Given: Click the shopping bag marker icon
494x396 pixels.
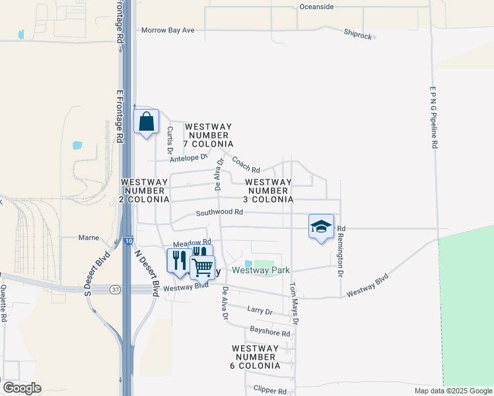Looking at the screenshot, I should pyautogui.click(x=147, y=122).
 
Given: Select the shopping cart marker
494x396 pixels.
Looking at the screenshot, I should pyautogui.click(x=203, y=267).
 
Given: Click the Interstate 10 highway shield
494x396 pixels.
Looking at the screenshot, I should pyautogui.click(x=127, y=242).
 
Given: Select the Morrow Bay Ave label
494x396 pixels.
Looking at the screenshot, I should pyautogui.click(x=168, y=30).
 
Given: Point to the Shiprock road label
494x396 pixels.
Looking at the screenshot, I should pyautogui.click(x=358, y=34).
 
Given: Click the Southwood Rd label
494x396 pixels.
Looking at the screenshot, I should pyautogui.click(x=220, y=213).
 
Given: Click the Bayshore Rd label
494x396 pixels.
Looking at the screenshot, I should pyautogui.click(x=270, y=333).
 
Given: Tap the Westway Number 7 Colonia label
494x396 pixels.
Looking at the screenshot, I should pyautogui.click(x=209, y=135).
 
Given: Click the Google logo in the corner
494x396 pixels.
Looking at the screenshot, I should pyautogui.click(x=22, y=388).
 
